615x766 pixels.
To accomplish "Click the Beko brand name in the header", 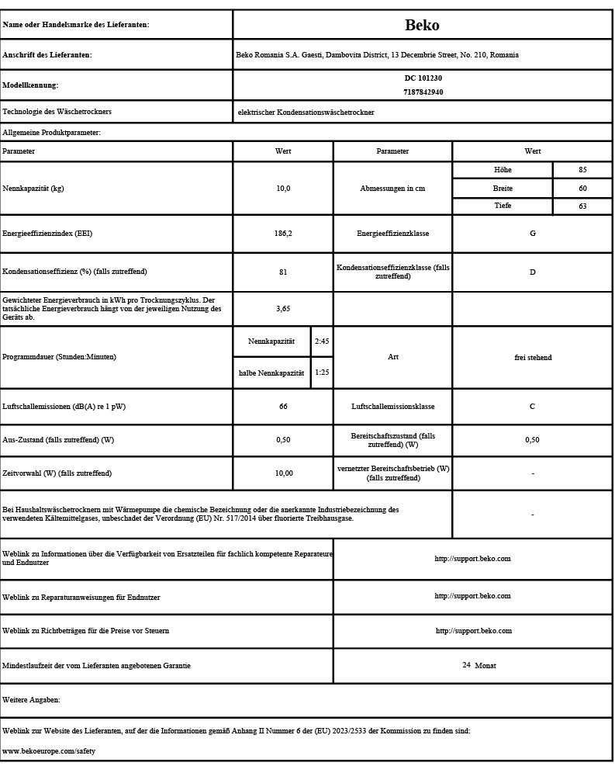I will [x=422, y=25].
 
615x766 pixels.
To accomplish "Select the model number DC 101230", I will [x=423, y=78].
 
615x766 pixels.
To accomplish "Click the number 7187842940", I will [x=423, y=92].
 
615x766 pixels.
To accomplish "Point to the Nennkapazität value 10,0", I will [x=283, y=189].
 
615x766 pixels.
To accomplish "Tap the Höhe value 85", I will [x=582, y=170].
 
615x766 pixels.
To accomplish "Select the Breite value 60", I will [x=582, y=189].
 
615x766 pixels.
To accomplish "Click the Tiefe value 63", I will [x=582, y=206].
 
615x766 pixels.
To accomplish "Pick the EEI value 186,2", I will [x=283, y=234].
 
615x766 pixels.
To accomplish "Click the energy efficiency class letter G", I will [x=532, y=234].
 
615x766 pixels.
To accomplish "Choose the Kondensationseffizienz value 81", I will [x=283, y=272].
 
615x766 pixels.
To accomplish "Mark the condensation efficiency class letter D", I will [x=532, y=272].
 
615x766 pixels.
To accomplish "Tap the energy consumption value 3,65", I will [x=283, y=309].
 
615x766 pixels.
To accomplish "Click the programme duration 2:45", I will [x=321, y=341].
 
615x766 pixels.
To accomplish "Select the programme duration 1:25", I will [x=321, y=373].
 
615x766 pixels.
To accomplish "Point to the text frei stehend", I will [x=532, y=358].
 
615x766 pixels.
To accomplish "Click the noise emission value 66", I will [x=283, y=407].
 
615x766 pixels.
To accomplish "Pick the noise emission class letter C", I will [x=532, y=407].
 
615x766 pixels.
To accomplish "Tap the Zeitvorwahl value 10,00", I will [x=283, y=473].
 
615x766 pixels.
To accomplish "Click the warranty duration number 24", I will [x=466, y=665].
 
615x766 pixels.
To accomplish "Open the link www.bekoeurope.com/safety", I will [x=49, y=751].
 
